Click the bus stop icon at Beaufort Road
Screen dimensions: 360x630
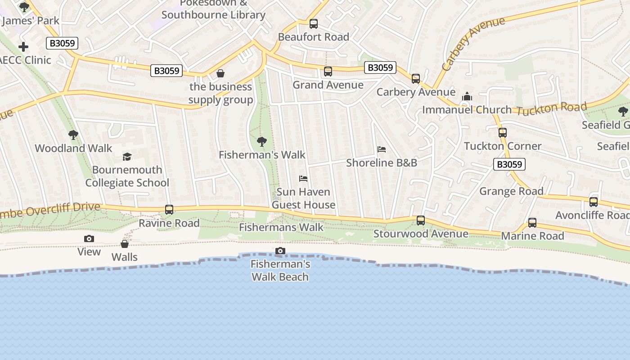(314, 24)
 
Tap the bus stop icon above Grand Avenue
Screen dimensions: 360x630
(328, 72)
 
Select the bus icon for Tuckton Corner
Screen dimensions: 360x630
(503, 133)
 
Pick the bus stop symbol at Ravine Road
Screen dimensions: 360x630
(169, 210)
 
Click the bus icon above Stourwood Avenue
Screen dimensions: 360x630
(421, 220)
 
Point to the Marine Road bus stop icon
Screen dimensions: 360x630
(532, 223)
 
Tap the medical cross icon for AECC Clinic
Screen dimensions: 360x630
(23, 47)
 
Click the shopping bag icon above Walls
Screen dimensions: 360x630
(125, 244)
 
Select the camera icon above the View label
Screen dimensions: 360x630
(89, 238)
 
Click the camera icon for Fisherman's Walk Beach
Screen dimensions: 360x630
(280, 251)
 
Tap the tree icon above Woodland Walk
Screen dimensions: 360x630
(73, 135)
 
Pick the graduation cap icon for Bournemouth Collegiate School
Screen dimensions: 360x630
(127, 157)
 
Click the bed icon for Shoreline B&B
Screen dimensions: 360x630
(382, 149)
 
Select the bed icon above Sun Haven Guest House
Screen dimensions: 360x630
(304, 179)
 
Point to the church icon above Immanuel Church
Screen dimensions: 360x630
(467, 96)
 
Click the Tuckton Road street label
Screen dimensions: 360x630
(551, 108)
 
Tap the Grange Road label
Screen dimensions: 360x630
(511, 191)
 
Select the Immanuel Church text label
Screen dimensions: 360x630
(467, 110)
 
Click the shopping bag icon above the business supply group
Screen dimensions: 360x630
(220, 73)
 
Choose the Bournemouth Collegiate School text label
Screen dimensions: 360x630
(127, 176)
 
